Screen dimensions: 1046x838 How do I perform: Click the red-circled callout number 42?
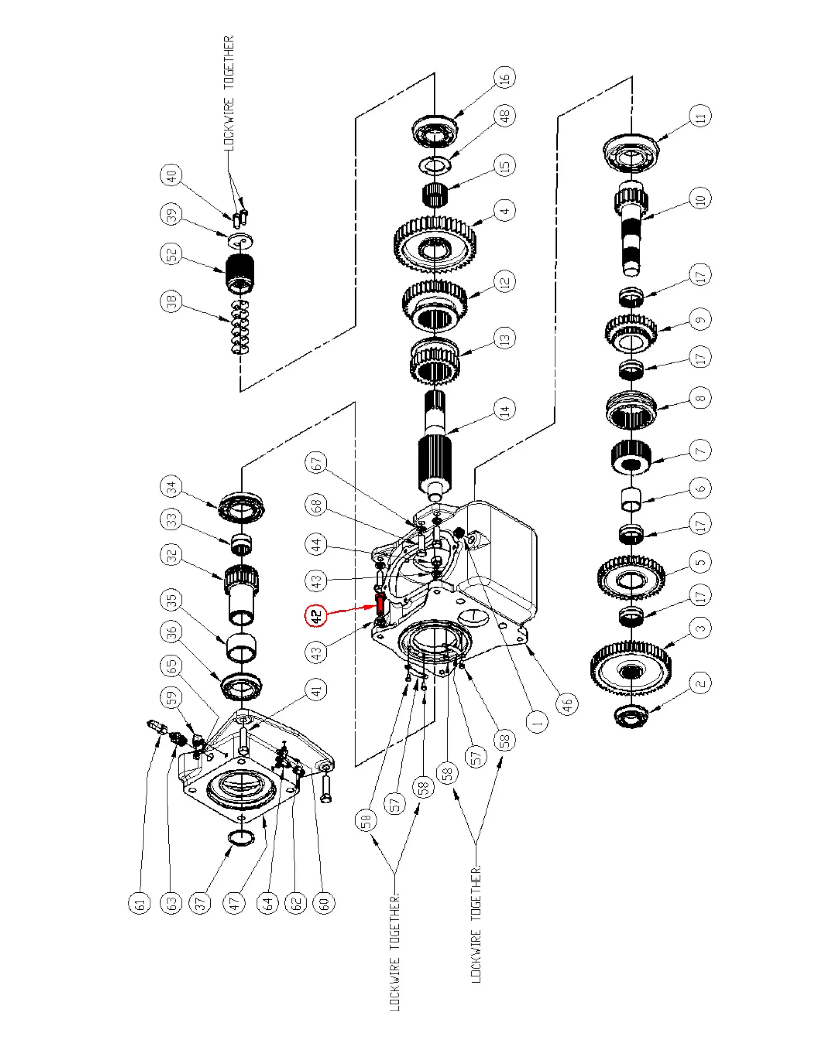point(316,616)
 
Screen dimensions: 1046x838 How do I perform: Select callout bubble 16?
point(505,77)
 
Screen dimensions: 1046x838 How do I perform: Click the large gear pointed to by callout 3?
point(631,672)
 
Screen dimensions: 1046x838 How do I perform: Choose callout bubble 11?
point(700,117)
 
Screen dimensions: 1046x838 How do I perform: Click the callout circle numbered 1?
point(537,722)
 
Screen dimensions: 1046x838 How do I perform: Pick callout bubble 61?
point(140,904)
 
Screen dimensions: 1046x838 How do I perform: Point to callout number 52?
point(171,254)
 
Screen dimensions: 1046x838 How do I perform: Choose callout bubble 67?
point(316,463)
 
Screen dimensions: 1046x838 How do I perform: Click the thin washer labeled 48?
point(435,165)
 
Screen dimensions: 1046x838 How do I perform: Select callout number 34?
point(171,487)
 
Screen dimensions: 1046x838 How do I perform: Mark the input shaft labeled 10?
point(631,228)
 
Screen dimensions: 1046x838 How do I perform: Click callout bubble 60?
point(324,904)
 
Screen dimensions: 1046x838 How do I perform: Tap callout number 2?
point(700,683)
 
